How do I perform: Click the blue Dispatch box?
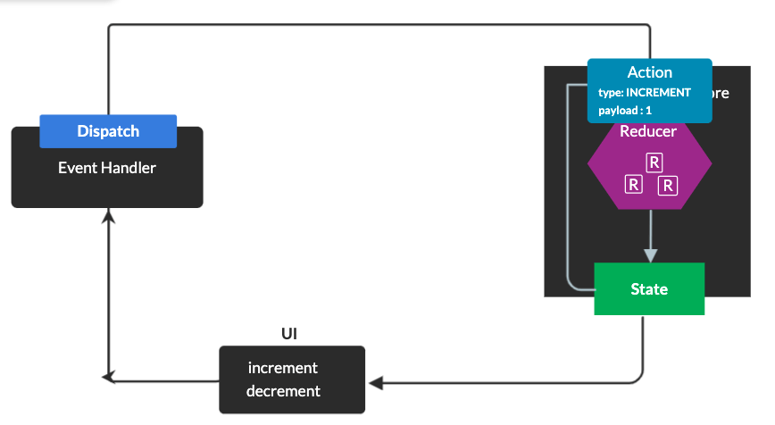tap(108, 131)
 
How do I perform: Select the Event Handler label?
tap(107, 168)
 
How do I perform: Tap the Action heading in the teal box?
tap(649, 73)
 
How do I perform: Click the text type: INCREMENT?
tap(645, 93)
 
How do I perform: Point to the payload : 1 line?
tap(625, 110)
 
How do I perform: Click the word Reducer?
tap(648, 132)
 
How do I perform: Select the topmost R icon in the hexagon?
tap(654, 162)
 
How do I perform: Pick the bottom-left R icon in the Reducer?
tap(633, 185)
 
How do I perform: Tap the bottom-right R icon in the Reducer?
tap(667, 186)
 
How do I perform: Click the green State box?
tap(649, 289)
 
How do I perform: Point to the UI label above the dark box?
tap(289, 334)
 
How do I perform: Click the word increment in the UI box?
tap(283, 368)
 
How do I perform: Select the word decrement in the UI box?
tap(284, 391)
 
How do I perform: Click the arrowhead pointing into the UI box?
tap(374, 383)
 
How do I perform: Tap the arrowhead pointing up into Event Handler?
tap(108, 215)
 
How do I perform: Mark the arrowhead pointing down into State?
tap(650, 255)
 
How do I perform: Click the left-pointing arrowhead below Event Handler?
tap(108, 378)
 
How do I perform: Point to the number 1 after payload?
tap(648, 110)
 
